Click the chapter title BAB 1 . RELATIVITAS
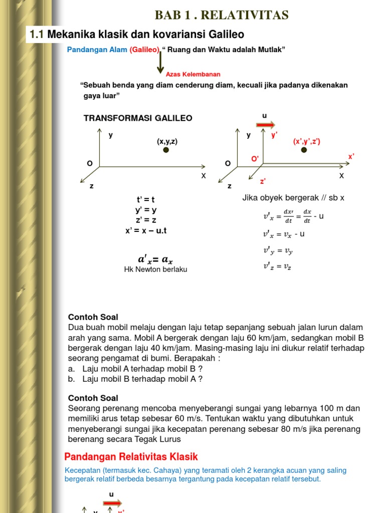[222, 16]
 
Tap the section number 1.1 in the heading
[38, 35]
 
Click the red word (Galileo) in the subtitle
[144, 50]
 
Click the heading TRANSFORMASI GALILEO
[138, 118]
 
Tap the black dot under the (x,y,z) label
[166, 150]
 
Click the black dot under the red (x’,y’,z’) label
[304, 150]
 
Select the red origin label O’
[255, 159]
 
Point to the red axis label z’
[263, 181]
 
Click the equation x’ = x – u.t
[146, 230]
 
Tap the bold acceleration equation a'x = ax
[155, 259]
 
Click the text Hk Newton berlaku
[155, 270]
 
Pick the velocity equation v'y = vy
[277, 250]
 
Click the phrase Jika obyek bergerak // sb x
[293, 198]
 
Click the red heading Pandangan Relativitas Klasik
[131, 457]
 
